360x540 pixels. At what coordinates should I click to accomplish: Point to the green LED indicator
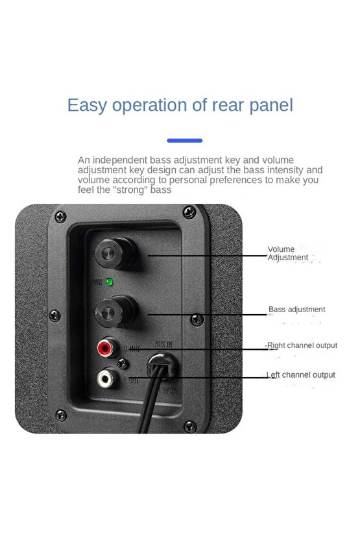click(x=109, y=282)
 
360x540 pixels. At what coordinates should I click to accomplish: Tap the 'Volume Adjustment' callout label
click(x=288, y=253)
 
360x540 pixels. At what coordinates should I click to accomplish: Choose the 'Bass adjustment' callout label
click(x=297, y=310)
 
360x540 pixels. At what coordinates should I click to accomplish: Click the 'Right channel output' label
click(x=302, y=345)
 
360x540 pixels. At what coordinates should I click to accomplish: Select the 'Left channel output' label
click(x=302, y=374)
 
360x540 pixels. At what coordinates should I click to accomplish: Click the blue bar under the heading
click(x=184, y=140)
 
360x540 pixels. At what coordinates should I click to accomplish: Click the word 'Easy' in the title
click(x=88, y=105)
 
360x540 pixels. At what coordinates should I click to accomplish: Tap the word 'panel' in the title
click(x=271, y=105)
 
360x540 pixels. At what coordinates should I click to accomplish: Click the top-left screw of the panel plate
click(x=60, y=217)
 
